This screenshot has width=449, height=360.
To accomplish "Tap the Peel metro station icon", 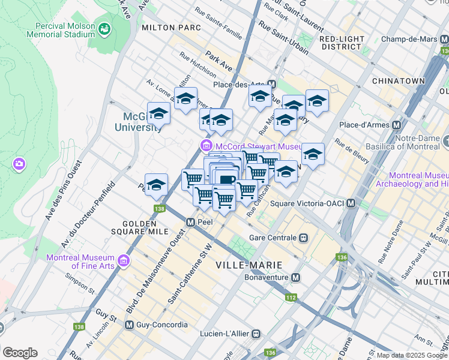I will point(190,222).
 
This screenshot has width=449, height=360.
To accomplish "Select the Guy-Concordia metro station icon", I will point(129,325).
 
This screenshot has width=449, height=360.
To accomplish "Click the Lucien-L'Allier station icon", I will point(256,333).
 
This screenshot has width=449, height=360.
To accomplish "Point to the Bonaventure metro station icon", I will point(295,278).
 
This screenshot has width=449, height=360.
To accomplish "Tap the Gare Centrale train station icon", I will point(304,238).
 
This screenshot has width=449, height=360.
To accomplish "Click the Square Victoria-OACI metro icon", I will point(350,203).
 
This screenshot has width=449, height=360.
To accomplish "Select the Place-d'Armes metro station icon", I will point(396,125).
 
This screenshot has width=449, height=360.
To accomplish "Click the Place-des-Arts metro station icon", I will point(272,85).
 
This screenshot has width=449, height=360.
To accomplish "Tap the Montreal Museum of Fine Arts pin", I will point(124,260).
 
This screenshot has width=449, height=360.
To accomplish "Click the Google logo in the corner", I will point(20,352).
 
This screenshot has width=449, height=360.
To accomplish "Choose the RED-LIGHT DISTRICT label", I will point(342,43).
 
